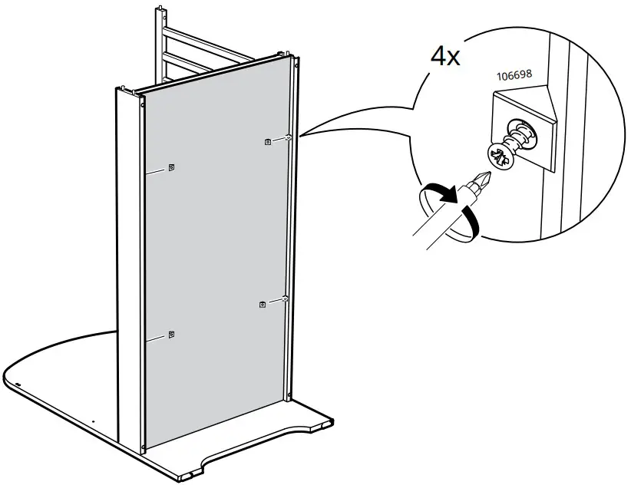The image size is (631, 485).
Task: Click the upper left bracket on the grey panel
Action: point(171,168)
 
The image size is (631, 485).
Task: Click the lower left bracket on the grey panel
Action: point(171,334)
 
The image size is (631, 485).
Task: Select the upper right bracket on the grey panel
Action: point(266,141)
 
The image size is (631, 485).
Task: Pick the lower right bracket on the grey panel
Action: point(263,305)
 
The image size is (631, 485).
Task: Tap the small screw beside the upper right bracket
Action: point(286,138)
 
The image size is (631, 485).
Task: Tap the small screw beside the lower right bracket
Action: point(284,299)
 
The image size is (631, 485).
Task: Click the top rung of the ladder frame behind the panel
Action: point(207,37)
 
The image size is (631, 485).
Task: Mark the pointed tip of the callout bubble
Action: point(299,136)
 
